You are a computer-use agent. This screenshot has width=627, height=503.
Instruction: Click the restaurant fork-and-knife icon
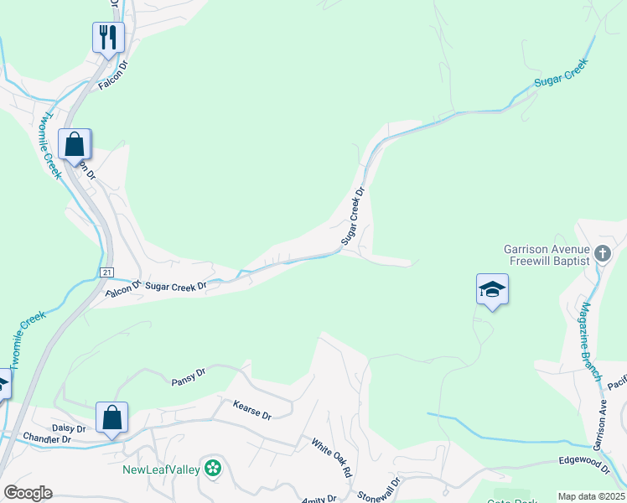108,37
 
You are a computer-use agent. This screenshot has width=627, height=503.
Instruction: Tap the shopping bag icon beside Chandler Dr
111,417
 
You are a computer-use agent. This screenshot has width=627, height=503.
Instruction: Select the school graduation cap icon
492,290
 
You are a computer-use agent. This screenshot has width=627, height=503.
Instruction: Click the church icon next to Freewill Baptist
602,253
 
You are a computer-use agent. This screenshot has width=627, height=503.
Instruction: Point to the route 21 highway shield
106,272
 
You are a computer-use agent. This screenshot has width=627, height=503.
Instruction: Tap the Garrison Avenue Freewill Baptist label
547,254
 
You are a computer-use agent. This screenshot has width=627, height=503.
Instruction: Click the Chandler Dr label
44,438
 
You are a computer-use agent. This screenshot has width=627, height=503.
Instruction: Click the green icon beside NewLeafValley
214,468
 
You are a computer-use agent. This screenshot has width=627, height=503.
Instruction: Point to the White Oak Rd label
332,458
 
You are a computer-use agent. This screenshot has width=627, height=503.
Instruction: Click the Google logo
28,493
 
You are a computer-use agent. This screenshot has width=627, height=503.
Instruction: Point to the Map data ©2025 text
591,496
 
